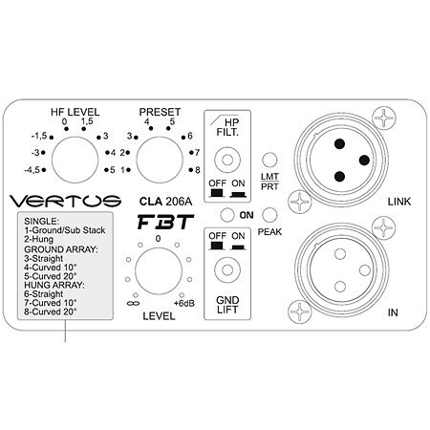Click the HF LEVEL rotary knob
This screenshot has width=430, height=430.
[x=75, y=160]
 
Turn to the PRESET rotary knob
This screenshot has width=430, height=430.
[x=160, y=160]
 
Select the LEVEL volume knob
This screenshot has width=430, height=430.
[x=159, y=271]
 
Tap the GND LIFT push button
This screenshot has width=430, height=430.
[x=227, y=270]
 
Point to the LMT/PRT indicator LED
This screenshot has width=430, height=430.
[x=269, y=160]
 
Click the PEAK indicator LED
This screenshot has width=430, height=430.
[x=269, y=215]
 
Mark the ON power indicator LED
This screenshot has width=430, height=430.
[x=227, y=215]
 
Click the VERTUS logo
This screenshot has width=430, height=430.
[x=65, y=201]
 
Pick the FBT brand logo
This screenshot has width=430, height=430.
[x=165, y=222]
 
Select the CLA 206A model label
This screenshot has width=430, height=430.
[x=165, y=202]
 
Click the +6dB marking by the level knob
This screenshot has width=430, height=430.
[x=184, y=304]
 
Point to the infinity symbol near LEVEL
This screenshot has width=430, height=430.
[x=133, y=304]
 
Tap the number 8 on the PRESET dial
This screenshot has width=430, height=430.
[x=198, y=170]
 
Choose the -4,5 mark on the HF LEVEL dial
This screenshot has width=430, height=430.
[x=32, y=170]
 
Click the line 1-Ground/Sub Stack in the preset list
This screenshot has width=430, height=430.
[x=65, y=230]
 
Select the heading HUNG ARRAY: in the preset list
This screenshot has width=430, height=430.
[x=54, y=285]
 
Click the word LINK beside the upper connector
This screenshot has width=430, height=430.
[x=399, y=202]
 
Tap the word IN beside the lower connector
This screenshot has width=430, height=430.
[x=393, y=312]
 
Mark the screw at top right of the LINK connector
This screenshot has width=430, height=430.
[x=384, y=118]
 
